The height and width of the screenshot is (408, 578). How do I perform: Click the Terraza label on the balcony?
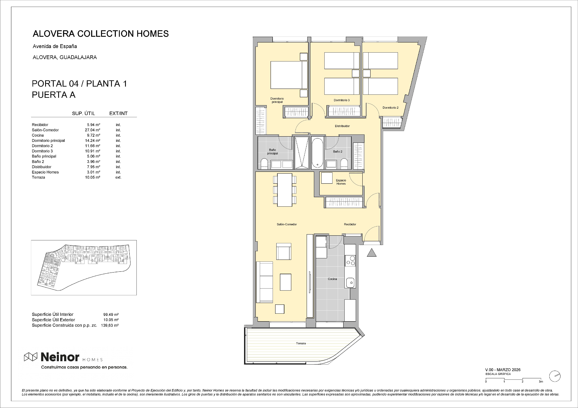301,343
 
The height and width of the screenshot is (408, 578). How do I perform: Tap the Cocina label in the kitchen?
332,279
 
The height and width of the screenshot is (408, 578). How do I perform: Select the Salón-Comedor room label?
287,224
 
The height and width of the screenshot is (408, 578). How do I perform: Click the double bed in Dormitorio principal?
289,75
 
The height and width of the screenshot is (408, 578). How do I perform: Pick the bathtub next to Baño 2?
318,153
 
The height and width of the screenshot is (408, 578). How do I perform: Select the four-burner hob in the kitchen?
350,260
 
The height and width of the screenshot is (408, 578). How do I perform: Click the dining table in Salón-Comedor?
285,190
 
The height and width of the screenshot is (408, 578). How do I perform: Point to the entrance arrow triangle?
372,252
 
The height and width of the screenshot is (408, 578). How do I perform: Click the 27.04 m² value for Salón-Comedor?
92,130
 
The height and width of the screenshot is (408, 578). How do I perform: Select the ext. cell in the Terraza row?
118,177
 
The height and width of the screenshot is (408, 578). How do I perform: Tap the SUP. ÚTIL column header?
83,113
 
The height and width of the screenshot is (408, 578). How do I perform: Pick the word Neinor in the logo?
60,356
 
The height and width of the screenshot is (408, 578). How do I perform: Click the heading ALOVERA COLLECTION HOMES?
101,34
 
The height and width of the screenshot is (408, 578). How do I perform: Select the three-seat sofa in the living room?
264,282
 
